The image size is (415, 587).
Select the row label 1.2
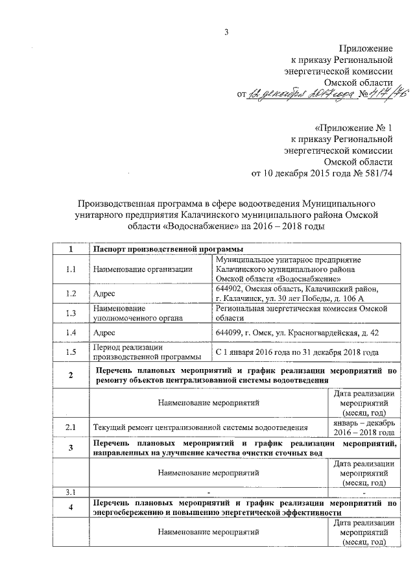71,293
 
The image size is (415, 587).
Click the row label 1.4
71,333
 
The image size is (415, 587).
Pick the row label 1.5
71,352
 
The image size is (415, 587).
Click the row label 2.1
71,427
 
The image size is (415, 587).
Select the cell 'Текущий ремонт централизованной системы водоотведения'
200,427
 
